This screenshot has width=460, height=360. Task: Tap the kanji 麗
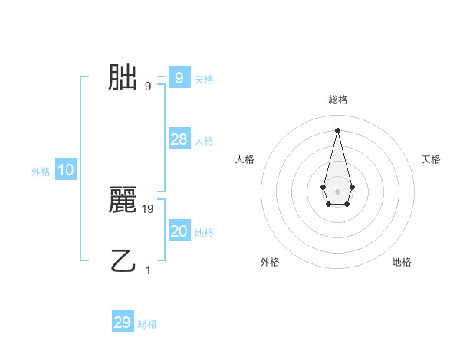[x=123, y=200]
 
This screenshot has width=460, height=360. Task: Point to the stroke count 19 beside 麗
[x=149, y=208]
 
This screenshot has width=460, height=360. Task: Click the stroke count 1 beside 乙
[x=148, y=270]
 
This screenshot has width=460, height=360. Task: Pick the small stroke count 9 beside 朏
[x=148, y=86]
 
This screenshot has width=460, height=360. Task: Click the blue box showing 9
[x=179, y=77]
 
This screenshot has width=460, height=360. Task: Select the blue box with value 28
[x=179, y=139]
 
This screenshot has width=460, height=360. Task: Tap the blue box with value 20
[x=179, y=231]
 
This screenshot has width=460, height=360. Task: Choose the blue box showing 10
[x=66, y=170]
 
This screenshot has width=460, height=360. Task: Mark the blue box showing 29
[x=123, y=322]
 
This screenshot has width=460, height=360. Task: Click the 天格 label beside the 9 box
[x=204, y=79]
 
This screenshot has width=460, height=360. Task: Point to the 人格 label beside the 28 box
[x=204, y=141]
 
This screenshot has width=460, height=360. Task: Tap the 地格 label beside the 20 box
[x=204, y=233]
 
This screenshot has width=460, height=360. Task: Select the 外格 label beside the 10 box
[x=41, y=172]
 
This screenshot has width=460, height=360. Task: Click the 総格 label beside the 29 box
[x=147, y=324]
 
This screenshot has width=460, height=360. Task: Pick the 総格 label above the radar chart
[x=338, y=100]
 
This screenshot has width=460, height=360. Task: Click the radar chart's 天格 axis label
[x=431, y=159]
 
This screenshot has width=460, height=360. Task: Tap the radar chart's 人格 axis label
[x=245, y=159]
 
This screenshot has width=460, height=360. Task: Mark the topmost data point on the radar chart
[x=337, y=129]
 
